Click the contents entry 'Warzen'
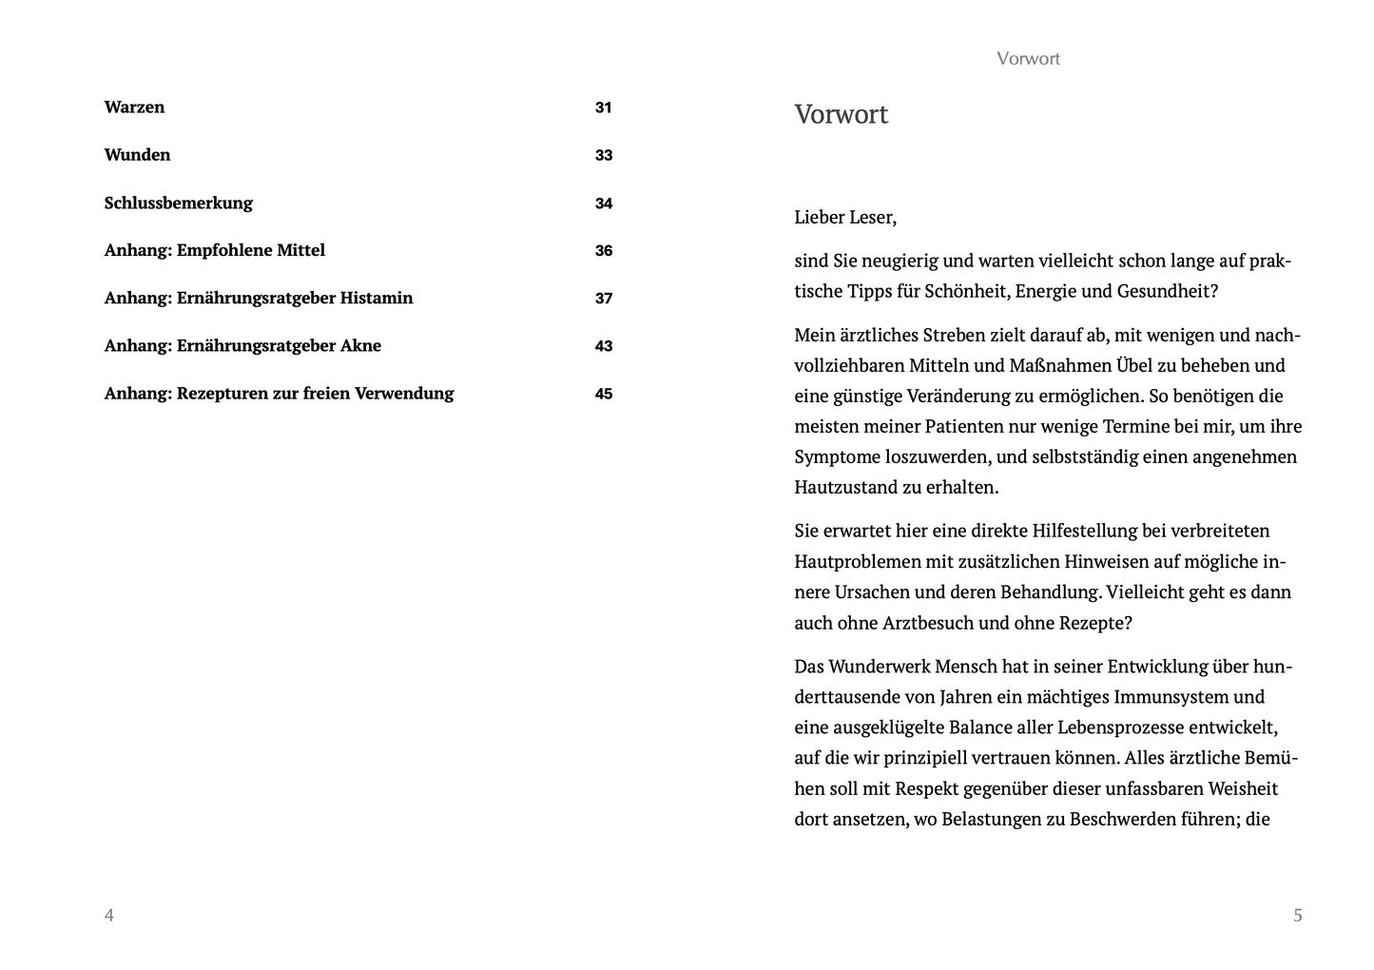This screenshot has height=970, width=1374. click(134, 107)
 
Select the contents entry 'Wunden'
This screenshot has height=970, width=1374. click(137, 155)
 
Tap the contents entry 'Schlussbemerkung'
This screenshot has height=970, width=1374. click(178, 203)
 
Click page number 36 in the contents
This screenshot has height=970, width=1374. click(604, 251)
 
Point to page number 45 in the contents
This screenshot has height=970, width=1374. click(604, 394)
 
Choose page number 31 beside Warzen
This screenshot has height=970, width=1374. click(604, 107)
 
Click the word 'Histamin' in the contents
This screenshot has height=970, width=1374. click(376, 299)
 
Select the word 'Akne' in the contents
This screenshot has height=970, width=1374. click(360, 346)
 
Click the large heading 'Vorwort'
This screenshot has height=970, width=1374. click(841, 115)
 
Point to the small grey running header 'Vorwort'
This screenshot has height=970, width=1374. click(1028, 59)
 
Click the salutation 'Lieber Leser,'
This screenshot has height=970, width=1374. click(845, 218)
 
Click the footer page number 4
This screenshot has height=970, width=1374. click(109, 916)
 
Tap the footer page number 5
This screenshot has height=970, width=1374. click(1298, 916)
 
